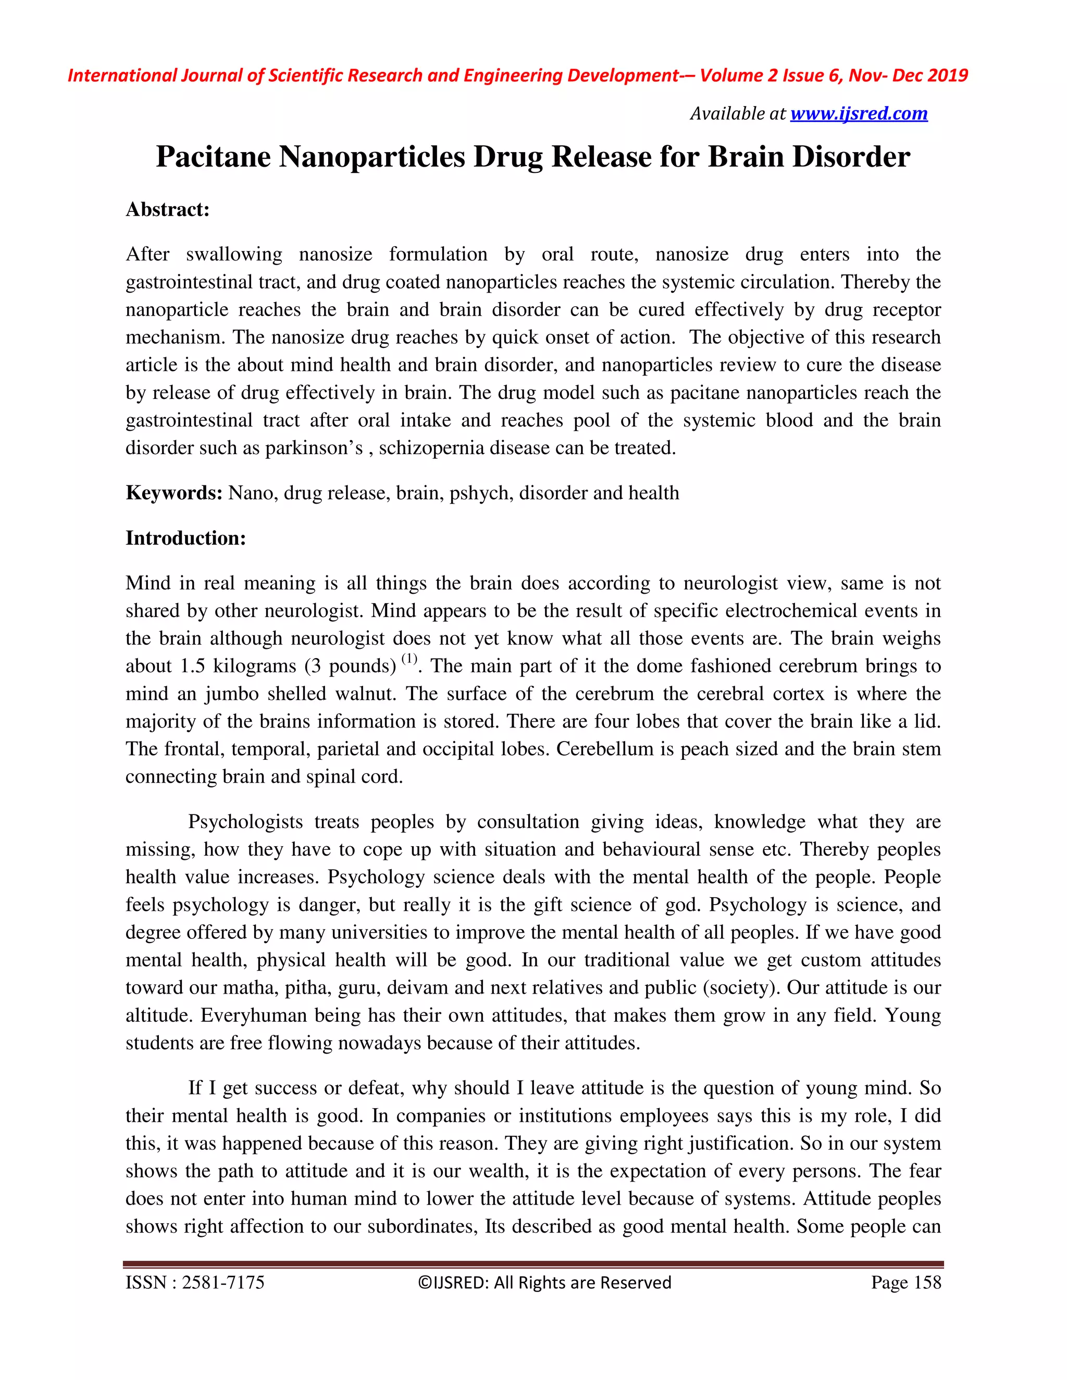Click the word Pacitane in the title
pos(213,157)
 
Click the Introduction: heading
pos(185,538)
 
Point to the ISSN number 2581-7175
pos(222,1283)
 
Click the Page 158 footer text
pos(906,1283)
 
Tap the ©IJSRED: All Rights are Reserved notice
pos(544,1283)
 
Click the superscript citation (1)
pos(410,659)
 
